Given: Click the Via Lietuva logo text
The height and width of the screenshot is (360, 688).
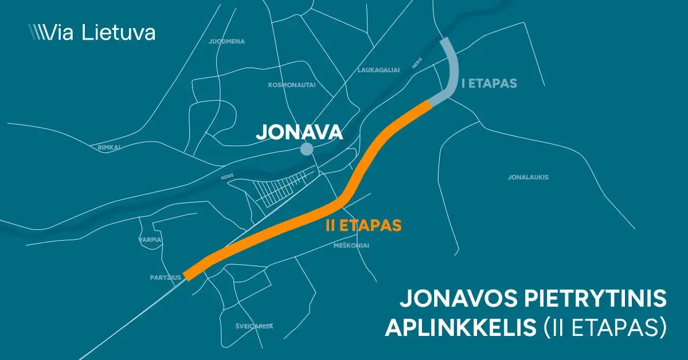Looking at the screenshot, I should point(100,32).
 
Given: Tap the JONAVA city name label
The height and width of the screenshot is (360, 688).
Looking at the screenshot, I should point(299,132).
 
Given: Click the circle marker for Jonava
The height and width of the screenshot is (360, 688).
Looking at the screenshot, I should point(307,150).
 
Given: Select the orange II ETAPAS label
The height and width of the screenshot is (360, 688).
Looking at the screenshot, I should point(363,225).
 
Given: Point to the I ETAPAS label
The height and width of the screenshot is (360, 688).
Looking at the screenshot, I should point(489,84).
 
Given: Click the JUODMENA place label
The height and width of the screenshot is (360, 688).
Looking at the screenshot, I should point(227,42).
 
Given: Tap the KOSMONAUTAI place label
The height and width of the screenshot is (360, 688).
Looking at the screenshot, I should point(292,85).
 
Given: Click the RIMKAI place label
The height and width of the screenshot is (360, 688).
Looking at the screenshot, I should point(109,147).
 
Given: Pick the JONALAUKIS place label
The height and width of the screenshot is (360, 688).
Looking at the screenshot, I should point(528,177).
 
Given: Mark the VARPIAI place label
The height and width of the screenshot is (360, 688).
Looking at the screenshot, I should point(151,240).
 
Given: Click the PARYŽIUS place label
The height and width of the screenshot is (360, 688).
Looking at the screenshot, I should point(166,277).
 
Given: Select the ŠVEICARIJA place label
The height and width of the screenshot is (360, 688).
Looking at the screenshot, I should point(255,326).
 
